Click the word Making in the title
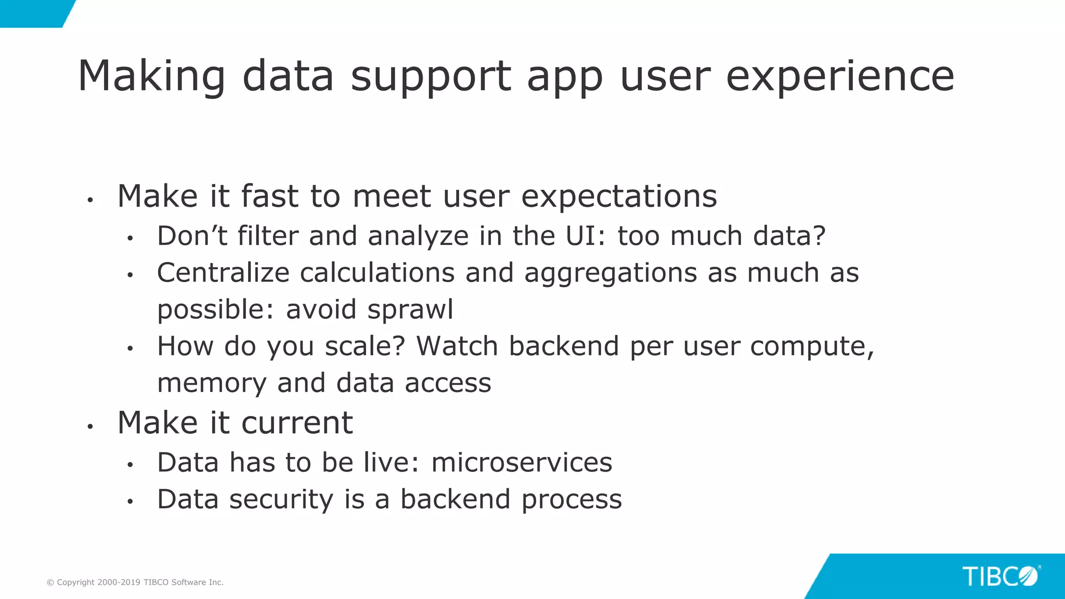click(151, 77)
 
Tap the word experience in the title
click(840, 77)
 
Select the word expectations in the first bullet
click(619, 197)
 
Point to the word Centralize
click(223, 272)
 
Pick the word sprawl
click(410, 310)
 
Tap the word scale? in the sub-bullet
click(365, 346)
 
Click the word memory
click(212, 383)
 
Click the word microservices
click(522, 462)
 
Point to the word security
click(281, 500)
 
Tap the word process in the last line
click(572, 500)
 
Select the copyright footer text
click(135, 582)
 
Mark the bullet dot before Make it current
click(90, 426)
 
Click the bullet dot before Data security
click(130, 502)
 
